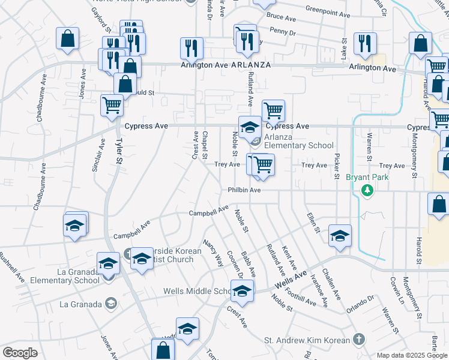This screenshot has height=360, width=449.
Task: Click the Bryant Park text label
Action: point(367,177)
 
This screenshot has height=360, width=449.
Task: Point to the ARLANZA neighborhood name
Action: point(249,65)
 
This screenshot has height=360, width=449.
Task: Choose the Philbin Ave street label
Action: point(244,190)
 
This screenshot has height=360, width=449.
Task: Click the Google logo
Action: point(20,353)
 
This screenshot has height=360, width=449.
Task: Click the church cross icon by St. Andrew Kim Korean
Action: point(358,339)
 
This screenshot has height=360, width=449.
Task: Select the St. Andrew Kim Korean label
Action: point(307,341)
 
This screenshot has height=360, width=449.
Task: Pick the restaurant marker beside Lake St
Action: point(365,43)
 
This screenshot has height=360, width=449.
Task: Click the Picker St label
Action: point(337,166)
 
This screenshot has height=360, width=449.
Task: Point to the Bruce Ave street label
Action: point(283,17)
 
